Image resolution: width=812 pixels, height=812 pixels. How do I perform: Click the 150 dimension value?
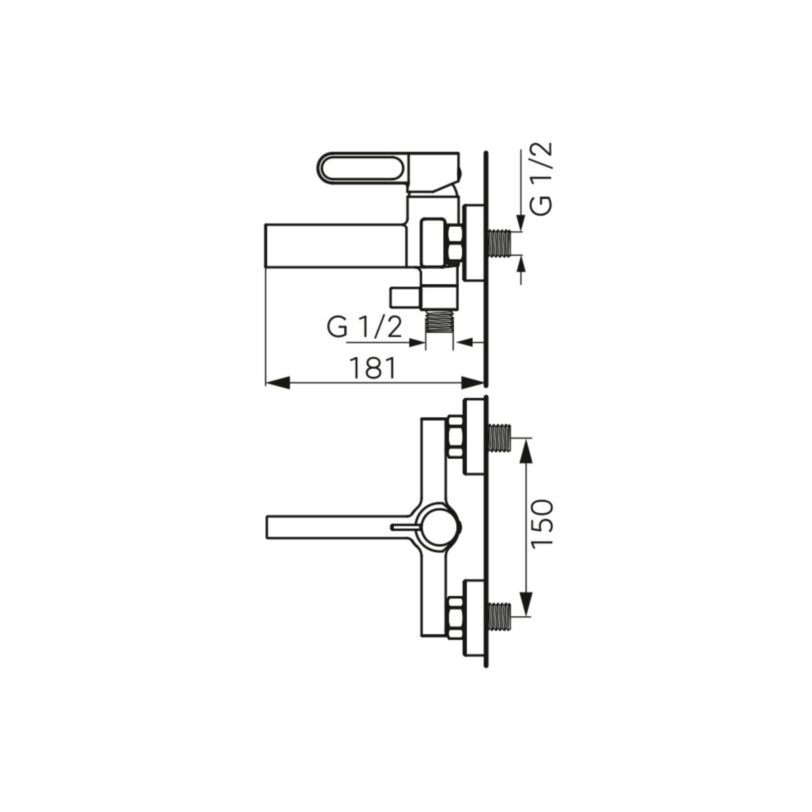tap(541, 523)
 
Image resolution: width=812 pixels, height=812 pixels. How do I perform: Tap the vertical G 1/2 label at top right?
tap(541, 179)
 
